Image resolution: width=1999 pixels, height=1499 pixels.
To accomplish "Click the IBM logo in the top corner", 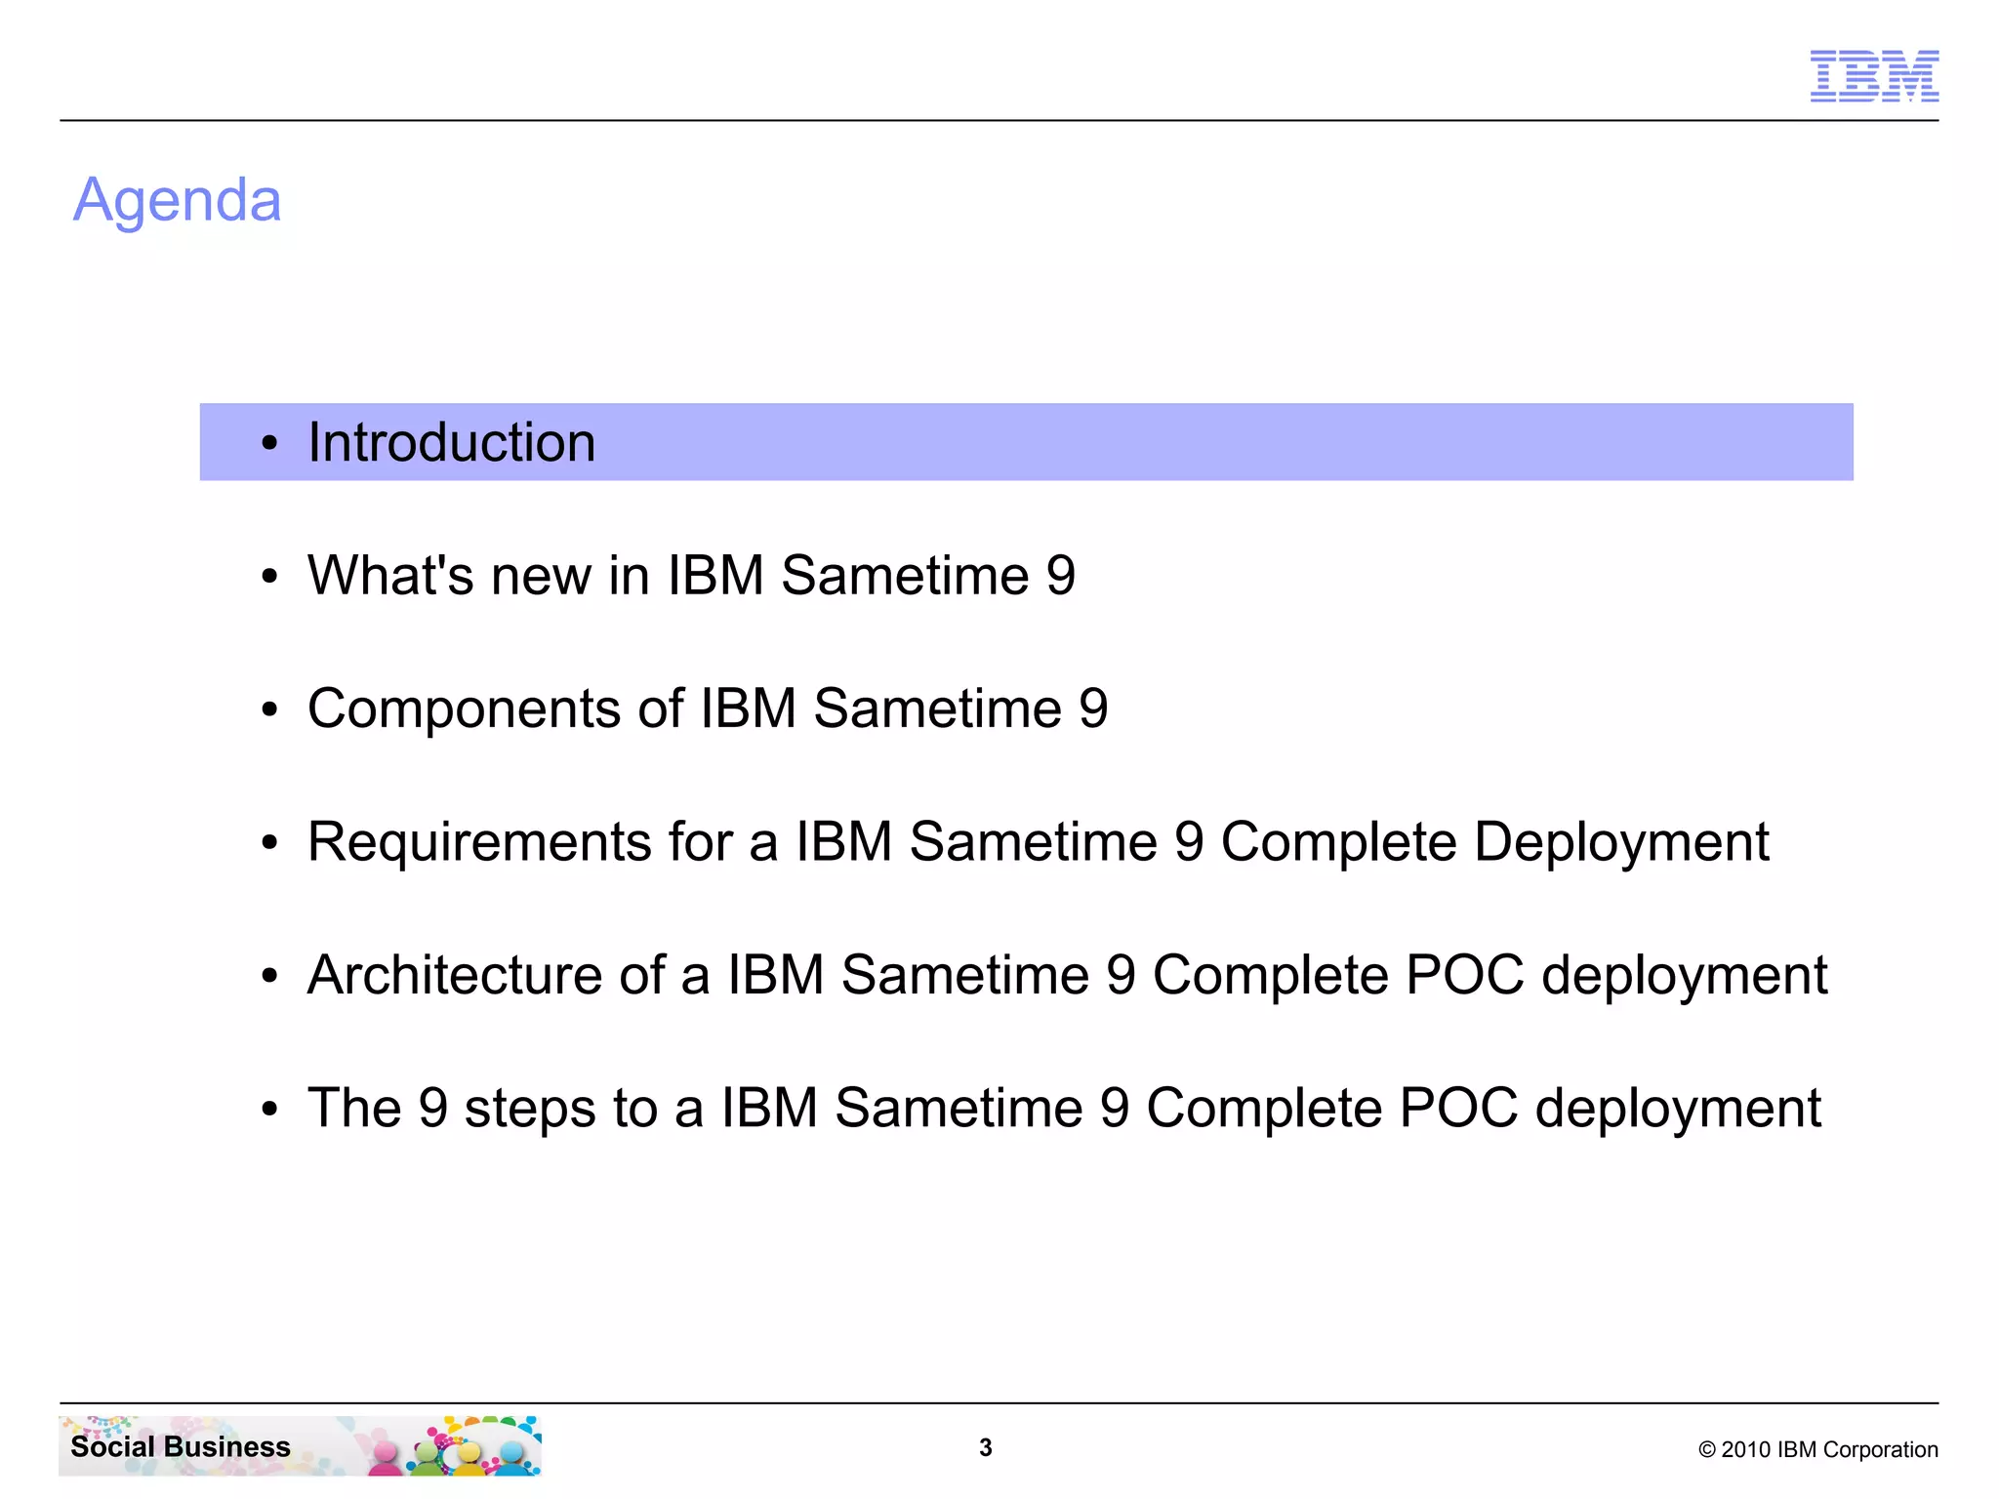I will point(1874,76).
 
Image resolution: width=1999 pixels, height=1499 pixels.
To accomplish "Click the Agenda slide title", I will point(178,200).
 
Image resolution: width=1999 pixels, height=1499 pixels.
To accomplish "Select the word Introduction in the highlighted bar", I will point(451,442).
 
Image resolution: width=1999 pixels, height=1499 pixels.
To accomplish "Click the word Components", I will point(464,709).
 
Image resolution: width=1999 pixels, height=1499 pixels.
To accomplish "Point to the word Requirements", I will point(479,841).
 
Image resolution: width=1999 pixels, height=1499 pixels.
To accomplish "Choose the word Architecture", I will point(455,975).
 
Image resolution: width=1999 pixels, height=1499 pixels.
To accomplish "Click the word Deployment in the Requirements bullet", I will point(1620,841).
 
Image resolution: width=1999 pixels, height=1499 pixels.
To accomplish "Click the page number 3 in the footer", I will point(986,1447).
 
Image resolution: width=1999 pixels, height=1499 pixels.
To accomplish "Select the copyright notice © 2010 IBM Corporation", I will point(1817,1449).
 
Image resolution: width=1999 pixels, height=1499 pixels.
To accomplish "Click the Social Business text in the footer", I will point(181,1446).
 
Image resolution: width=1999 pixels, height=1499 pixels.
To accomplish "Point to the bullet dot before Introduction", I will point(270,444).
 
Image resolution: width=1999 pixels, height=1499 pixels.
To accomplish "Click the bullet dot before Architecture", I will point(270,977).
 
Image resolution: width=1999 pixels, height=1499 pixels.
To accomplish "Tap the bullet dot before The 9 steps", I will point(270,1110).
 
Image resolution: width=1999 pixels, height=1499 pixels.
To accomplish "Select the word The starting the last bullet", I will point(354,1109).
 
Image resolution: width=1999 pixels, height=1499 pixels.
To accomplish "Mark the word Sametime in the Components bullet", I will point(937,709).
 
